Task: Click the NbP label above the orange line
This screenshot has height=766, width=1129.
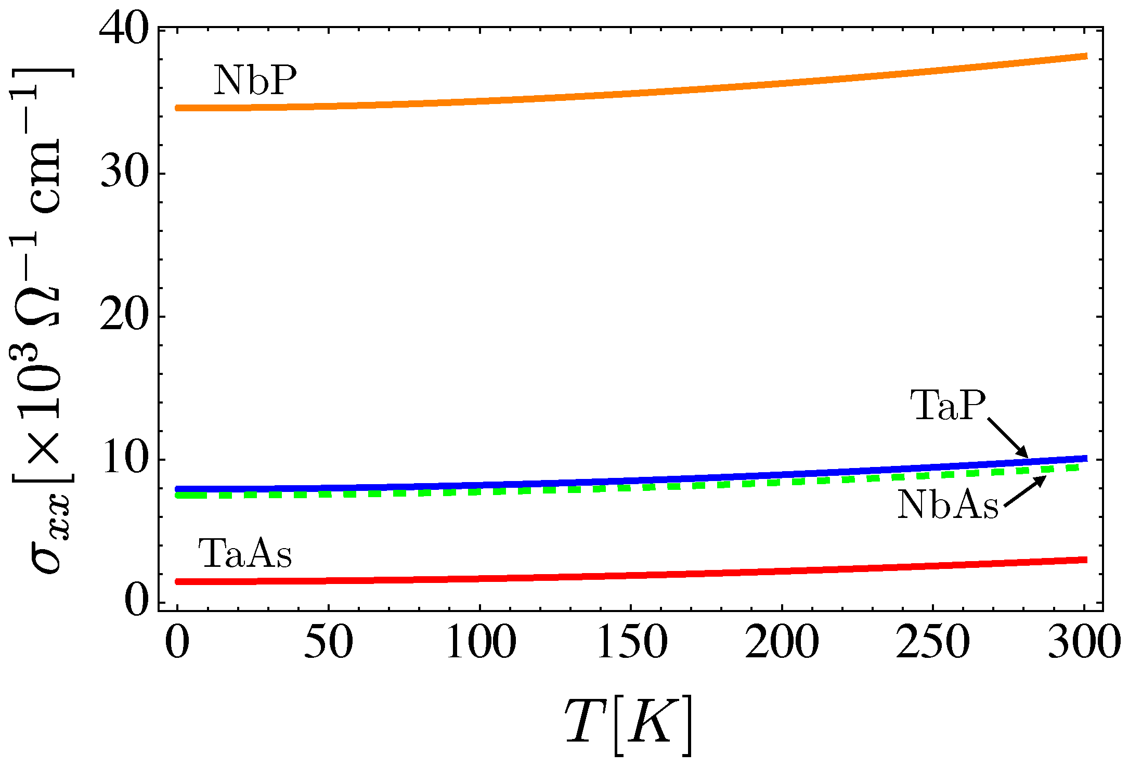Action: [255, 81]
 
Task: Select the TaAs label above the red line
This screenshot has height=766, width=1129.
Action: [244, 553]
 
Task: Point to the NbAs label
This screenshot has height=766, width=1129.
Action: [948, 504]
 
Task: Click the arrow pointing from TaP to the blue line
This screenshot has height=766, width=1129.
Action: [1008, 438]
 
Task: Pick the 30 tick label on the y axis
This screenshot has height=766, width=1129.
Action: [124, 173]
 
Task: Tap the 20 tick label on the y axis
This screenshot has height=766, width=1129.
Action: [124, 316]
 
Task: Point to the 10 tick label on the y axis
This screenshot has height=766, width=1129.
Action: [124, 460]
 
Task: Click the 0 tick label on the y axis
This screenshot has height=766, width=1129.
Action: [136, 602]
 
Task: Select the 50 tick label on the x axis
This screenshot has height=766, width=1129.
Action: [328, 643]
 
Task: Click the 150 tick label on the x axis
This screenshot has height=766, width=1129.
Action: [631, 643]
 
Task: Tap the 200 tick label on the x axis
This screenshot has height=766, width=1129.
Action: [782, 643]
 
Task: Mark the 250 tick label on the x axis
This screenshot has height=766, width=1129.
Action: [933, 643]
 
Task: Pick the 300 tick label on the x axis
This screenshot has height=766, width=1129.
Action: [1084, 643]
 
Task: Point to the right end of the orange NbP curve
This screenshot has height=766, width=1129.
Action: [1085, 56]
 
